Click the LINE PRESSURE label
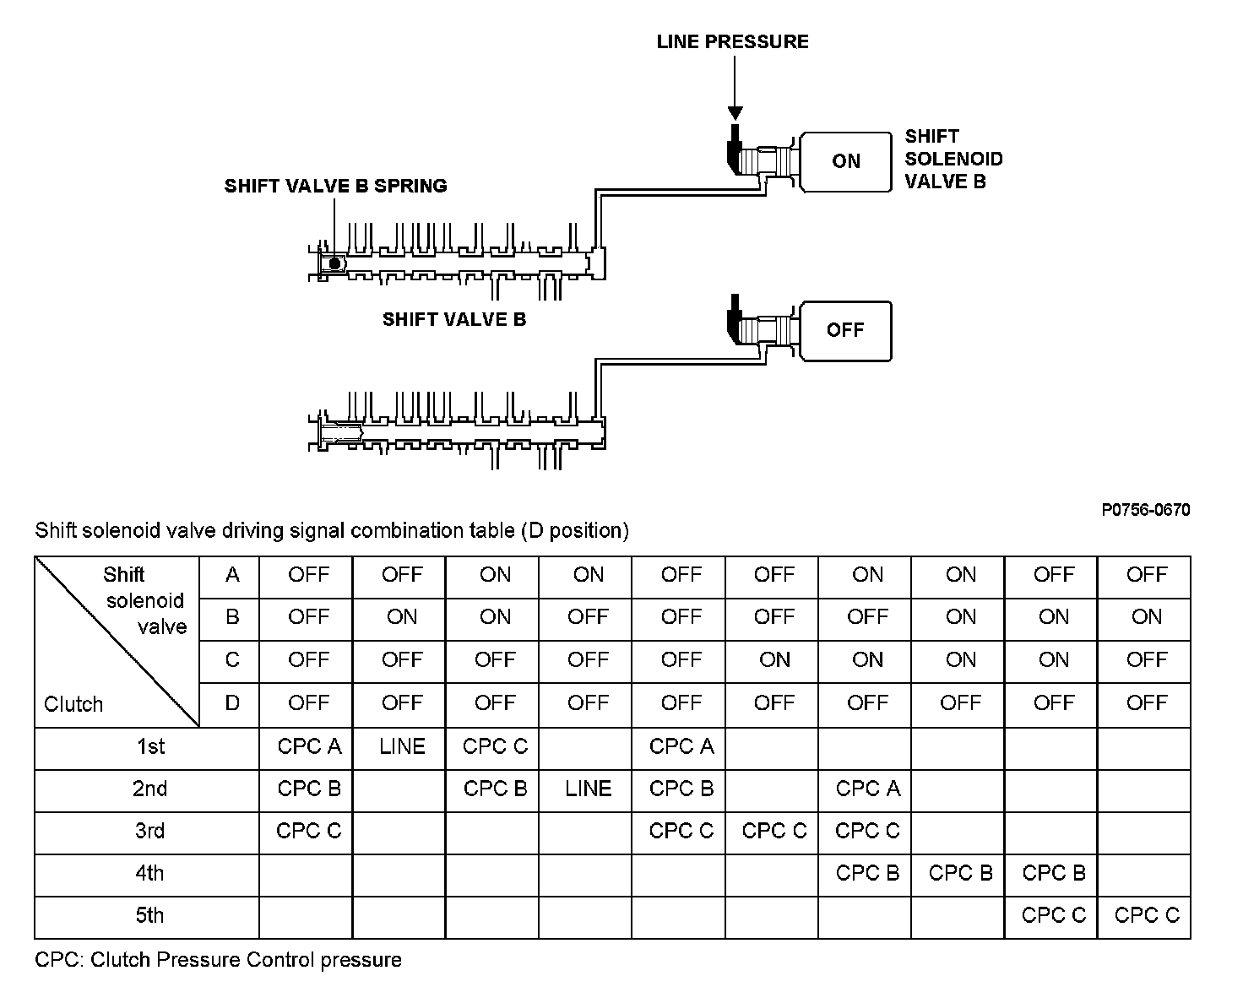tap(732, 41)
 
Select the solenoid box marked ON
tap(845, 161)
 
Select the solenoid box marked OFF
tap(845, 330)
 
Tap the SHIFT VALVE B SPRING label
tap(335, 186)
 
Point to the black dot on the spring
tap(334, 263)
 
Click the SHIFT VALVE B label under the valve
tap(453, 319)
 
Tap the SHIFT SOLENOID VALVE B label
tap(953, 159)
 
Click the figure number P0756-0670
tap(1145, 510)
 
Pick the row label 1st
tap(150, 746)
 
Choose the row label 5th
tap(149, 915)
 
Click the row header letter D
tap(232, 702)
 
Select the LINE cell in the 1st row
tap(402, 746)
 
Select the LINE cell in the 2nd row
tap(588, 789)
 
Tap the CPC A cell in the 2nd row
tap(867, 789)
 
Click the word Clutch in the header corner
tap(73, 704)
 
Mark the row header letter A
tap(232, 575)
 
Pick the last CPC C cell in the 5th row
tap(1146, 915)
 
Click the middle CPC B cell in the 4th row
tap(960, 873)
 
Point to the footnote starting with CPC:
tap(218, 960)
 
